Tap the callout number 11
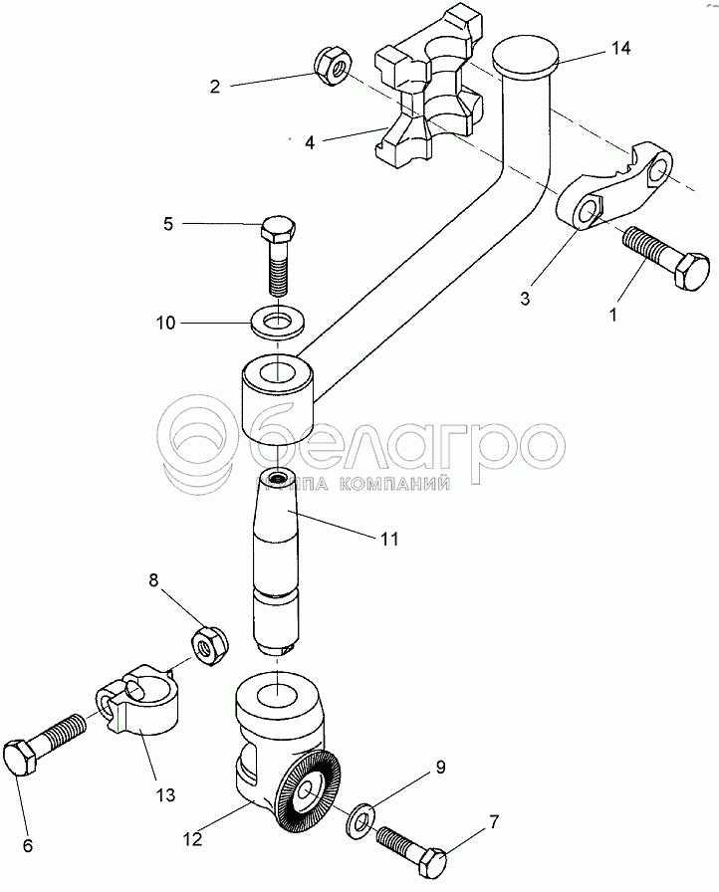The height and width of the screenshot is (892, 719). click(387, 539)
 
